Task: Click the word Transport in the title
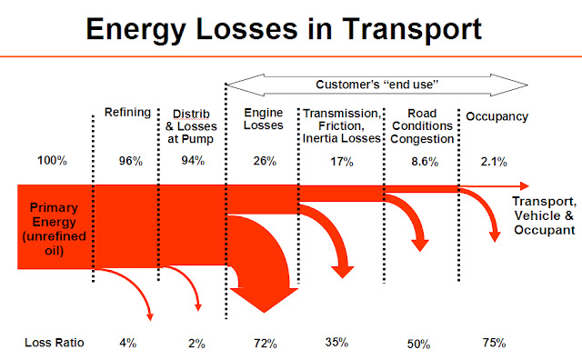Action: point(412,30)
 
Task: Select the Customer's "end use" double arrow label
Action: point(376,85)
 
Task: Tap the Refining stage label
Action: point(127,112)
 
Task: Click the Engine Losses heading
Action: point(263,119)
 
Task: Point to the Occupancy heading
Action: point(497,116)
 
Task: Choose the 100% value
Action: point(52,160)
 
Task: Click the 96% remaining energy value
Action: point(131,161)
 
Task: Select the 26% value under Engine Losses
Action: point(265,161)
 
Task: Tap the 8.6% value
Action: point(425,162)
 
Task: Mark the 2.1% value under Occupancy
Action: point(494,162)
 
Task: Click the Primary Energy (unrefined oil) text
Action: point(54,228)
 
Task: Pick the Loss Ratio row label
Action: point(55,342)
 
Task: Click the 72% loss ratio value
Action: point(266,344)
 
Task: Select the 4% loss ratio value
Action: point(127,342)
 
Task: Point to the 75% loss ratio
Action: point(494,342)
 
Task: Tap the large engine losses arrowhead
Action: point(265,300)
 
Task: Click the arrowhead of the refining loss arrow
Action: point(150,317)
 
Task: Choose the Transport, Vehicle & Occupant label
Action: point(544,215)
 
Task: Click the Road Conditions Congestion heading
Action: point(422,125)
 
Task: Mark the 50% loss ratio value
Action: point(418,344)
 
